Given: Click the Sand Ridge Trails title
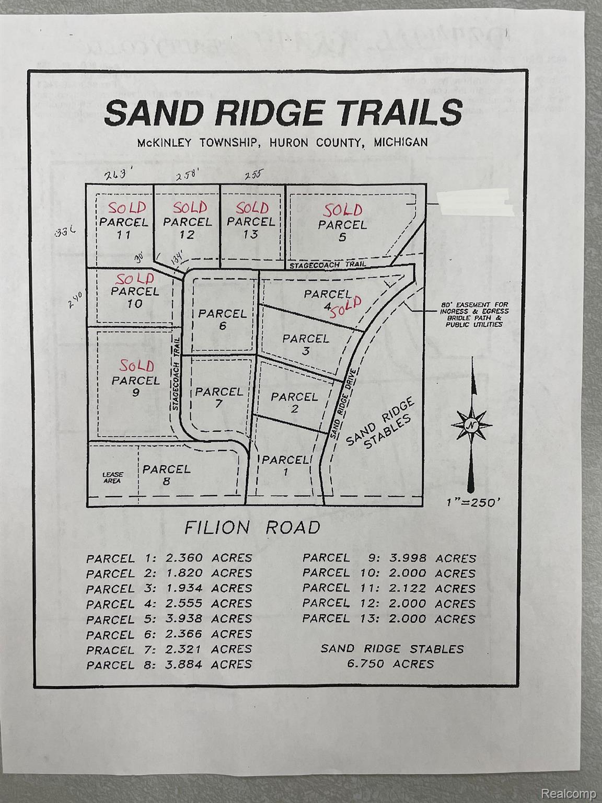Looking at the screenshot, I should [x=284, y=112].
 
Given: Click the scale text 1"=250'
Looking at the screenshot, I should [x=474, y=502].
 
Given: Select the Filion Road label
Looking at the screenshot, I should [x=252, y=527].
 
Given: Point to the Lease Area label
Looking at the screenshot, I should [x=112, y=477].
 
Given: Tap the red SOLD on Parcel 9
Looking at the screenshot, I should [x=136, y=365].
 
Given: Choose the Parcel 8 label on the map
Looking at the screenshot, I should [x=166, y=475].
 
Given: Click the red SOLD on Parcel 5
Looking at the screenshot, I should [x=342, y=210].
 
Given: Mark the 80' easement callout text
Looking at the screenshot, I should [x=473, y=314].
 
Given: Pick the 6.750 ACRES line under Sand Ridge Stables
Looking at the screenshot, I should [x=391, y=664].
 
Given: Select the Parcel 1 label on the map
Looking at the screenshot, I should [x=284, y=465].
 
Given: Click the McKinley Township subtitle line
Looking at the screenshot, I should [x=282, y=142].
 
